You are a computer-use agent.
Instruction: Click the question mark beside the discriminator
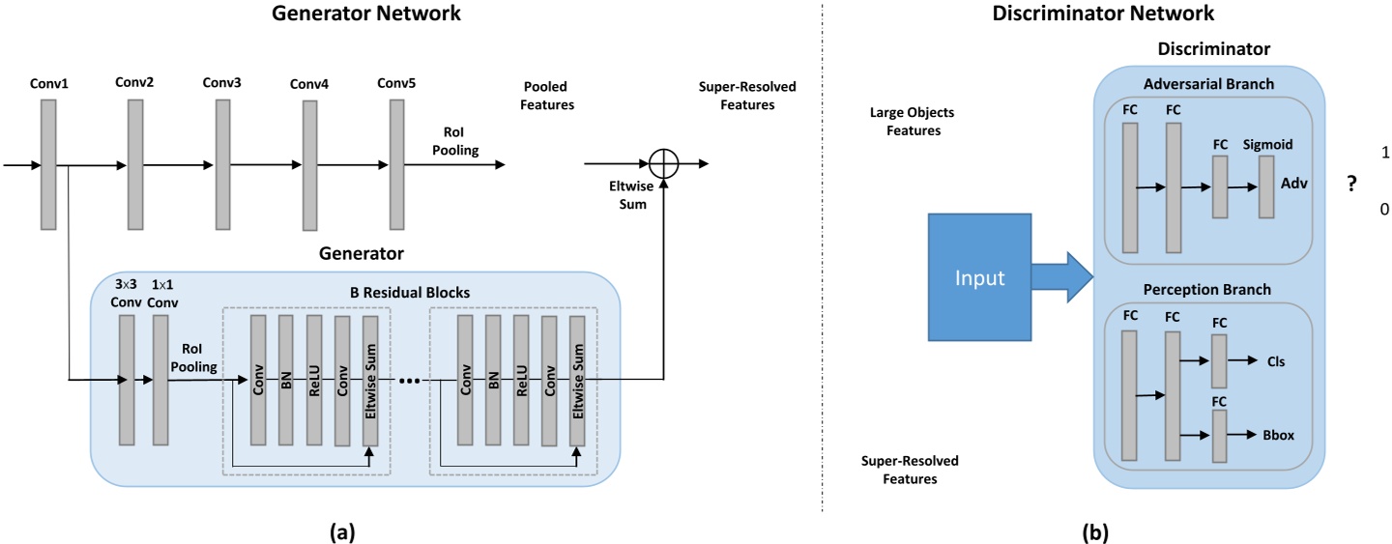click(x=1351, y=186)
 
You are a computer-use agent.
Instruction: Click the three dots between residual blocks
click(x=409, y=380)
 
